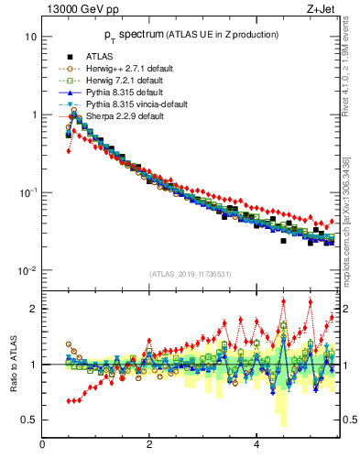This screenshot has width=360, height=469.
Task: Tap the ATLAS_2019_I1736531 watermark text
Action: coord(191,274)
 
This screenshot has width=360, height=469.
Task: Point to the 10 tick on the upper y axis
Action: coord(30,37)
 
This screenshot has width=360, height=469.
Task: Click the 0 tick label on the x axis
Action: coord(42,444)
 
